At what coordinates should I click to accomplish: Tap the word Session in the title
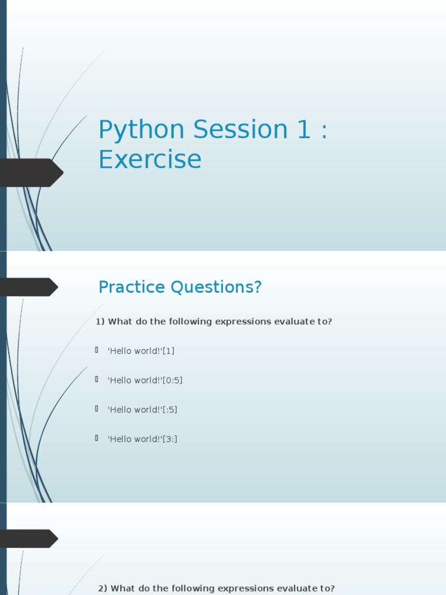[240, 129]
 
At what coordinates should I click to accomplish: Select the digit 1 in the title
[304, 129]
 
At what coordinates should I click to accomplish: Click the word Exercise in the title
[150, 159]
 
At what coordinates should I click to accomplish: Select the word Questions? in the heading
[216, 287]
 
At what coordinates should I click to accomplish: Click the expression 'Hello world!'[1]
[141, 350]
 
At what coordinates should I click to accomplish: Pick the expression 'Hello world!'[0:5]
[145, 380]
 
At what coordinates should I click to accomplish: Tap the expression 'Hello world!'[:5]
[142, 410]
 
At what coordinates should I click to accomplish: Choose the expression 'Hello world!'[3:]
[142, 439]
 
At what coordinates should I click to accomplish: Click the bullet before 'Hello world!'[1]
[97, 350]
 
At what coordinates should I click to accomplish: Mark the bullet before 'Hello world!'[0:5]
[97, 379]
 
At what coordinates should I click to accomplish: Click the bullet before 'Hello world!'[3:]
[97, 438]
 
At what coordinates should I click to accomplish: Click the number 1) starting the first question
[100, 322]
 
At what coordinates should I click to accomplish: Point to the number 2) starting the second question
[102, 589]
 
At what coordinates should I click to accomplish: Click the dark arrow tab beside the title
[31, 173]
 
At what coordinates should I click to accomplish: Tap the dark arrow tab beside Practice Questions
[29, 287]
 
